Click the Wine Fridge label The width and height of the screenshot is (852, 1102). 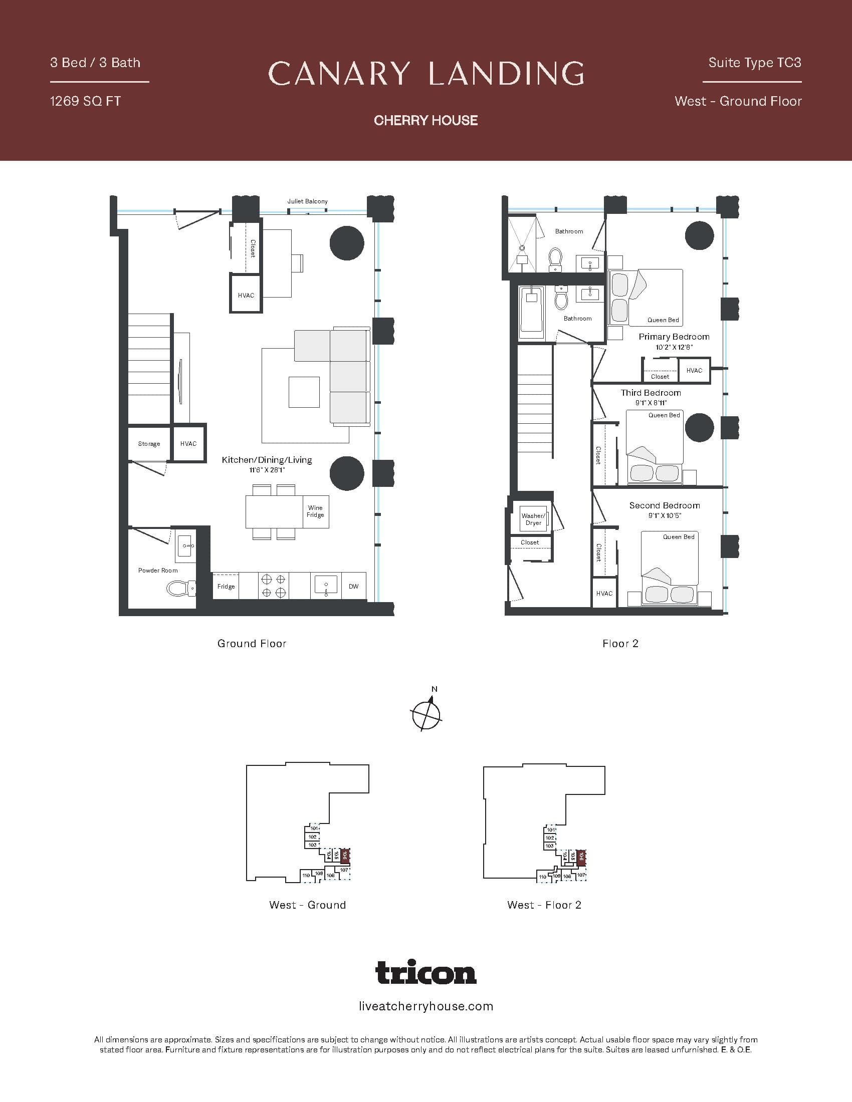(315, 511)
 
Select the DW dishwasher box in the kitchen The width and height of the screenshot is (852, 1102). (353, 586)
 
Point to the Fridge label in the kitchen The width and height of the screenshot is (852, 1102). (226, 587)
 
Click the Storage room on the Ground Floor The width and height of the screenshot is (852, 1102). (149, 443)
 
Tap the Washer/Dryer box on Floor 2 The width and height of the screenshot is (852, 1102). (533, 519)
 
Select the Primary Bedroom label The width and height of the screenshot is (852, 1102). (674, 337)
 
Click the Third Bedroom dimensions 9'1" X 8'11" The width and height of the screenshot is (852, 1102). (651, 403)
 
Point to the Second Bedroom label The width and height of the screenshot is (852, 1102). (664, 505)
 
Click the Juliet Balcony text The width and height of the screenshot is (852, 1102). (307, 201)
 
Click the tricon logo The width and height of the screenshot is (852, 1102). (426, 972)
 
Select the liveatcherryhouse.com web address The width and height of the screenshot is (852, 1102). (426, 1006)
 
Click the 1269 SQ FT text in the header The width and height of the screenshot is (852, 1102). (85, 101)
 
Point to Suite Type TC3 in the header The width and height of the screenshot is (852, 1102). (754, 63)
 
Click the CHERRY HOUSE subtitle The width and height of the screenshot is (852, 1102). (426, 120)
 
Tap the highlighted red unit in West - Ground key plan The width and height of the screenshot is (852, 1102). (345, 855)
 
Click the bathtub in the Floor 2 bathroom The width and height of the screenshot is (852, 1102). (530, 313)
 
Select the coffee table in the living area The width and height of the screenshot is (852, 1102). (304, 392)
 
